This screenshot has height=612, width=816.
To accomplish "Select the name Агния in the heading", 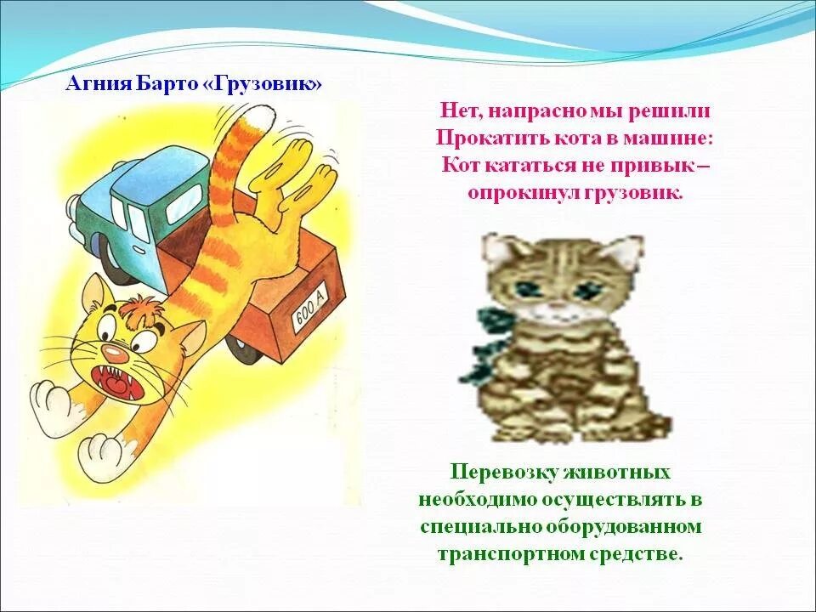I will pyautogui.click(x=96, y=85).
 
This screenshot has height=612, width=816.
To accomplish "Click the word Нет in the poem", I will pyautogui.click(x=457, y=111).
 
